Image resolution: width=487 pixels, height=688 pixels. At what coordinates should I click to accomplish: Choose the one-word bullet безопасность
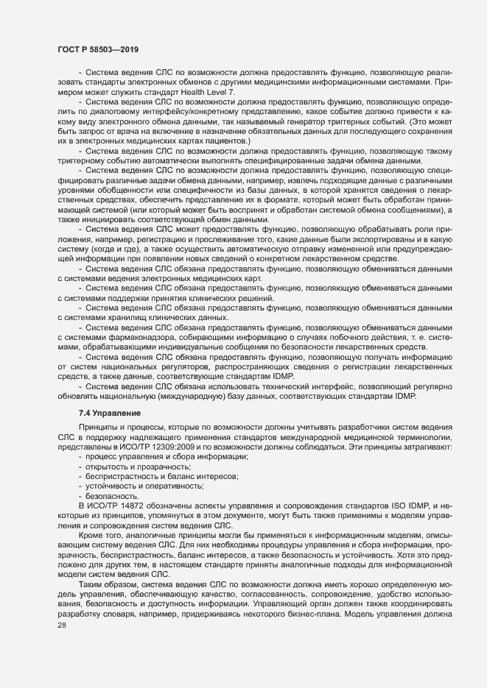coord(113,495)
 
